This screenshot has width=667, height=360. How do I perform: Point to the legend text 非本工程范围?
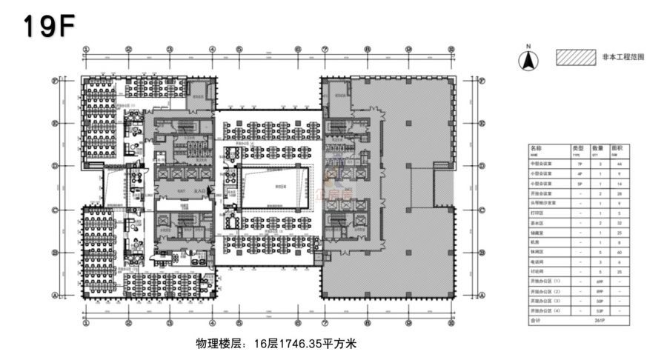click(623, 56)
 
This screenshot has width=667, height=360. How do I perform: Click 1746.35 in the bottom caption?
click(286, 344)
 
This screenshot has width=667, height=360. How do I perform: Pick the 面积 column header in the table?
click(617, 149)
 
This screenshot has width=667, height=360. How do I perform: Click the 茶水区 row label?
click(538, 222)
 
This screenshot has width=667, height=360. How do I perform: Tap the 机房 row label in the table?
click(536, 242)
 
